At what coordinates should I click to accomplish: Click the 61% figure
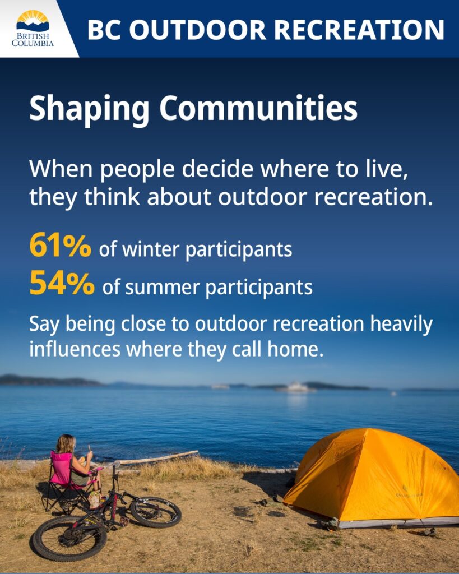click(60, 247)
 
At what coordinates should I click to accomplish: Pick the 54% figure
click(62, 284)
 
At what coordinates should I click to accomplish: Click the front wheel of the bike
click(155, 512)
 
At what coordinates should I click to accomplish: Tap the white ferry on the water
click(295, 387)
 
